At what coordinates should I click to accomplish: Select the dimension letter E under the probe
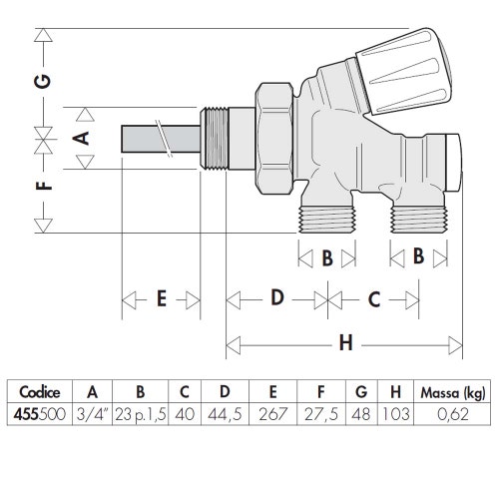(161, 300)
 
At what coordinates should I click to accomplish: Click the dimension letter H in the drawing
(345, 344)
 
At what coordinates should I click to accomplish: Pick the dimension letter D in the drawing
(276, 297)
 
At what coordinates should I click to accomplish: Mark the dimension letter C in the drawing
(373, 297)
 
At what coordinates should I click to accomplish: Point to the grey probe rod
(160, 140)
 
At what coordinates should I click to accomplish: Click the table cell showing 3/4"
(93, 412)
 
